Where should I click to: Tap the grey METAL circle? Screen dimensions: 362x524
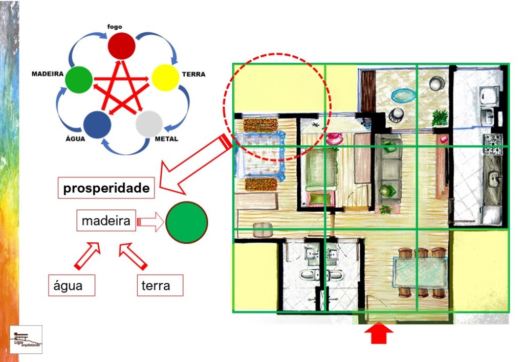pyautogui.click(x=149, y=123)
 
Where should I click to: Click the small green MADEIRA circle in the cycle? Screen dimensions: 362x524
pyautogui.click(x=79, y=80)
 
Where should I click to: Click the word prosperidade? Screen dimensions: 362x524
pyautogui.click(x=106, y=188)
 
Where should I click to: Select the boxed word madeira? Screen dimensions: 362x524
pyautogui.click(x=106, y=221)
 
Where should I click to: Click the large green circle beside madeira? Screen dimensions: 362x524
pyautogui.click(x=187, y=222)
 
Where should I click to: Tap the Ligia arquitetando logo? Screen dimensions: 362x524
pyautogui.click(x=26, y=339)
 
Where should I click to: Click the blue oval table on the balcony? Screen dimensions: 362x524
pyautogui.click(x=404, y=95)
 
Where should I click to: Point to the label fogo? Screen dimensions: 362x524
pyautogui.click(x=122, y=26)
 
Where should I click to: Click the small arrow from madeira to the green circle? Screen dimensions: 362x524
pyautogui.click(x=150, y=222)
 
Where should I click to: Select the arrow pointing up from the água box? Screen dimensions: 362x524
pyautogui.click(x=88, y=256)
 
